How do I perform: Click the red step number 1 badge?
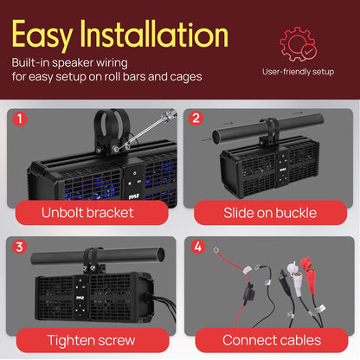(21, 118)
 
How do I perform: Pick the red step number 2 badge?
(196, 118)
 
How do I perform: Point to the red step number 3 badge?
(21, 247)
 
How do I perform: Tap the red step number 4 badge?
(196, 247)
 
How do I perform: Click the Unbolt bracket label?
(90, 212)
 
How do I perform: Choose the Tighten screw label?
(90, 340)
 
